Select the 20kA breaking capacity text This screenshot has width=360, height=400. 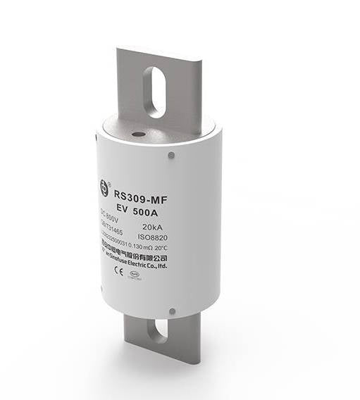coord(156,227)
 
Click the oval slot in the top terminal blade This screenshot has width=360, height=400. coord(154,92)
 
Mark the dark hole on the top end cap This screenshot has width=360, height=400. coord(139,134)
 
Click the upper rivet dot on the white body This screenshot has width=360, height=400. coord(171,155)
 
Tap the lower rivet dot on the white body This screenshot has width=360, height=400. coord(171,310)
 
